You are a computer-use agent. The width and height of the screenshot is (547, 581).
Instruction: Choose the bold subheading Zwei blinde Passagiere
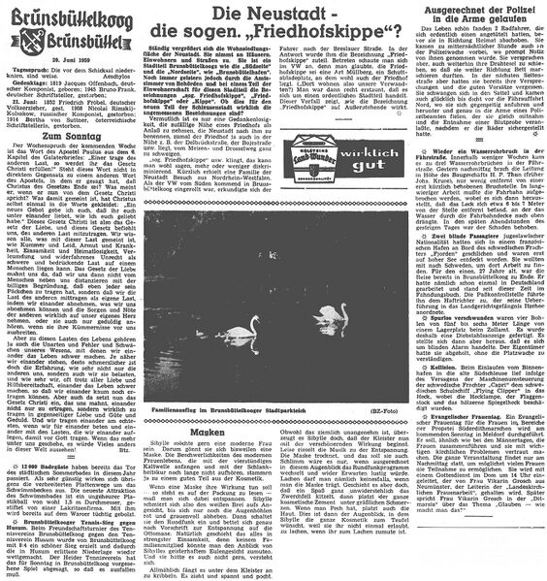tap(446, 235)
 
